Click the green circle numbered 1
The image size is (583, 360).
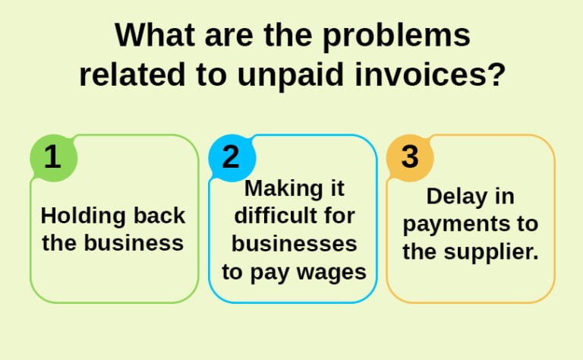52,157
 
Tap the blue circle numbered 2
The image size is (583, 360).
232,157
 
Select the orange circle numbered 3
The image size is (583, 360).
410,157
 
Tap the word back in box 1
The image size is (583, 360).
157,216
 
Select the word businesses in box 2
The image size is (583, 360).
294,244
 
